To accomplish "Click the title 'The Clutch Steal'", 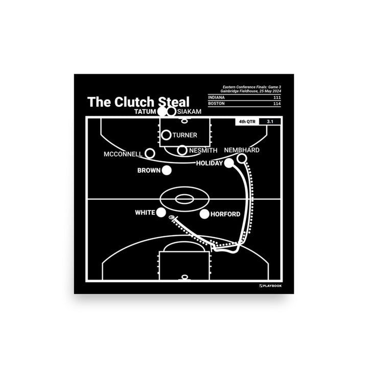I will [x=138, y=101].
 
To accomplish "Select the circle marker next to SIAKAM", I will [x=171, y=111].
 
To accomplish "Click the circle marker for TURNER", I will [x=166, y=135].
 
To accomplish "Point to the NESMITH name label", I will [x=203, y=150].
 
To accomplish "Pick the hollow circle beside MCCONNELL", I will [x=150, y=153].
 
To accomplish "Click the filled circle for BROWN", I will [x=166, y=171].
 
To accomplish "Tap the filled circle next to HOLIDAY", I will [x=229, y=163].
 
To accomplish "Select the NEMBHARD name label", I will [x=242, y=150].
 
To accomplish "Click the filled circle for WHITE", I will [x=162, y=212].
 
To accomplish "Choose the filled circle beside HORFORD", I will [x=204, y=214].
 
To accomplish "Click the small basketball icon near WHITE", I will [x=171, y=220].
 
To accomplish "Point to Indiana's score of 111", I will [x=276, y=97].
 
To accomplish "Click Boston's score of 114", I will [x=276, y=104].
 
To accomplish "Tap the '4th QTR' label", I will [x=246, y=122].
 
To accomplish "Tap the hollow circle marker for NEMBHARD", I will [x=242, y=159].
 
